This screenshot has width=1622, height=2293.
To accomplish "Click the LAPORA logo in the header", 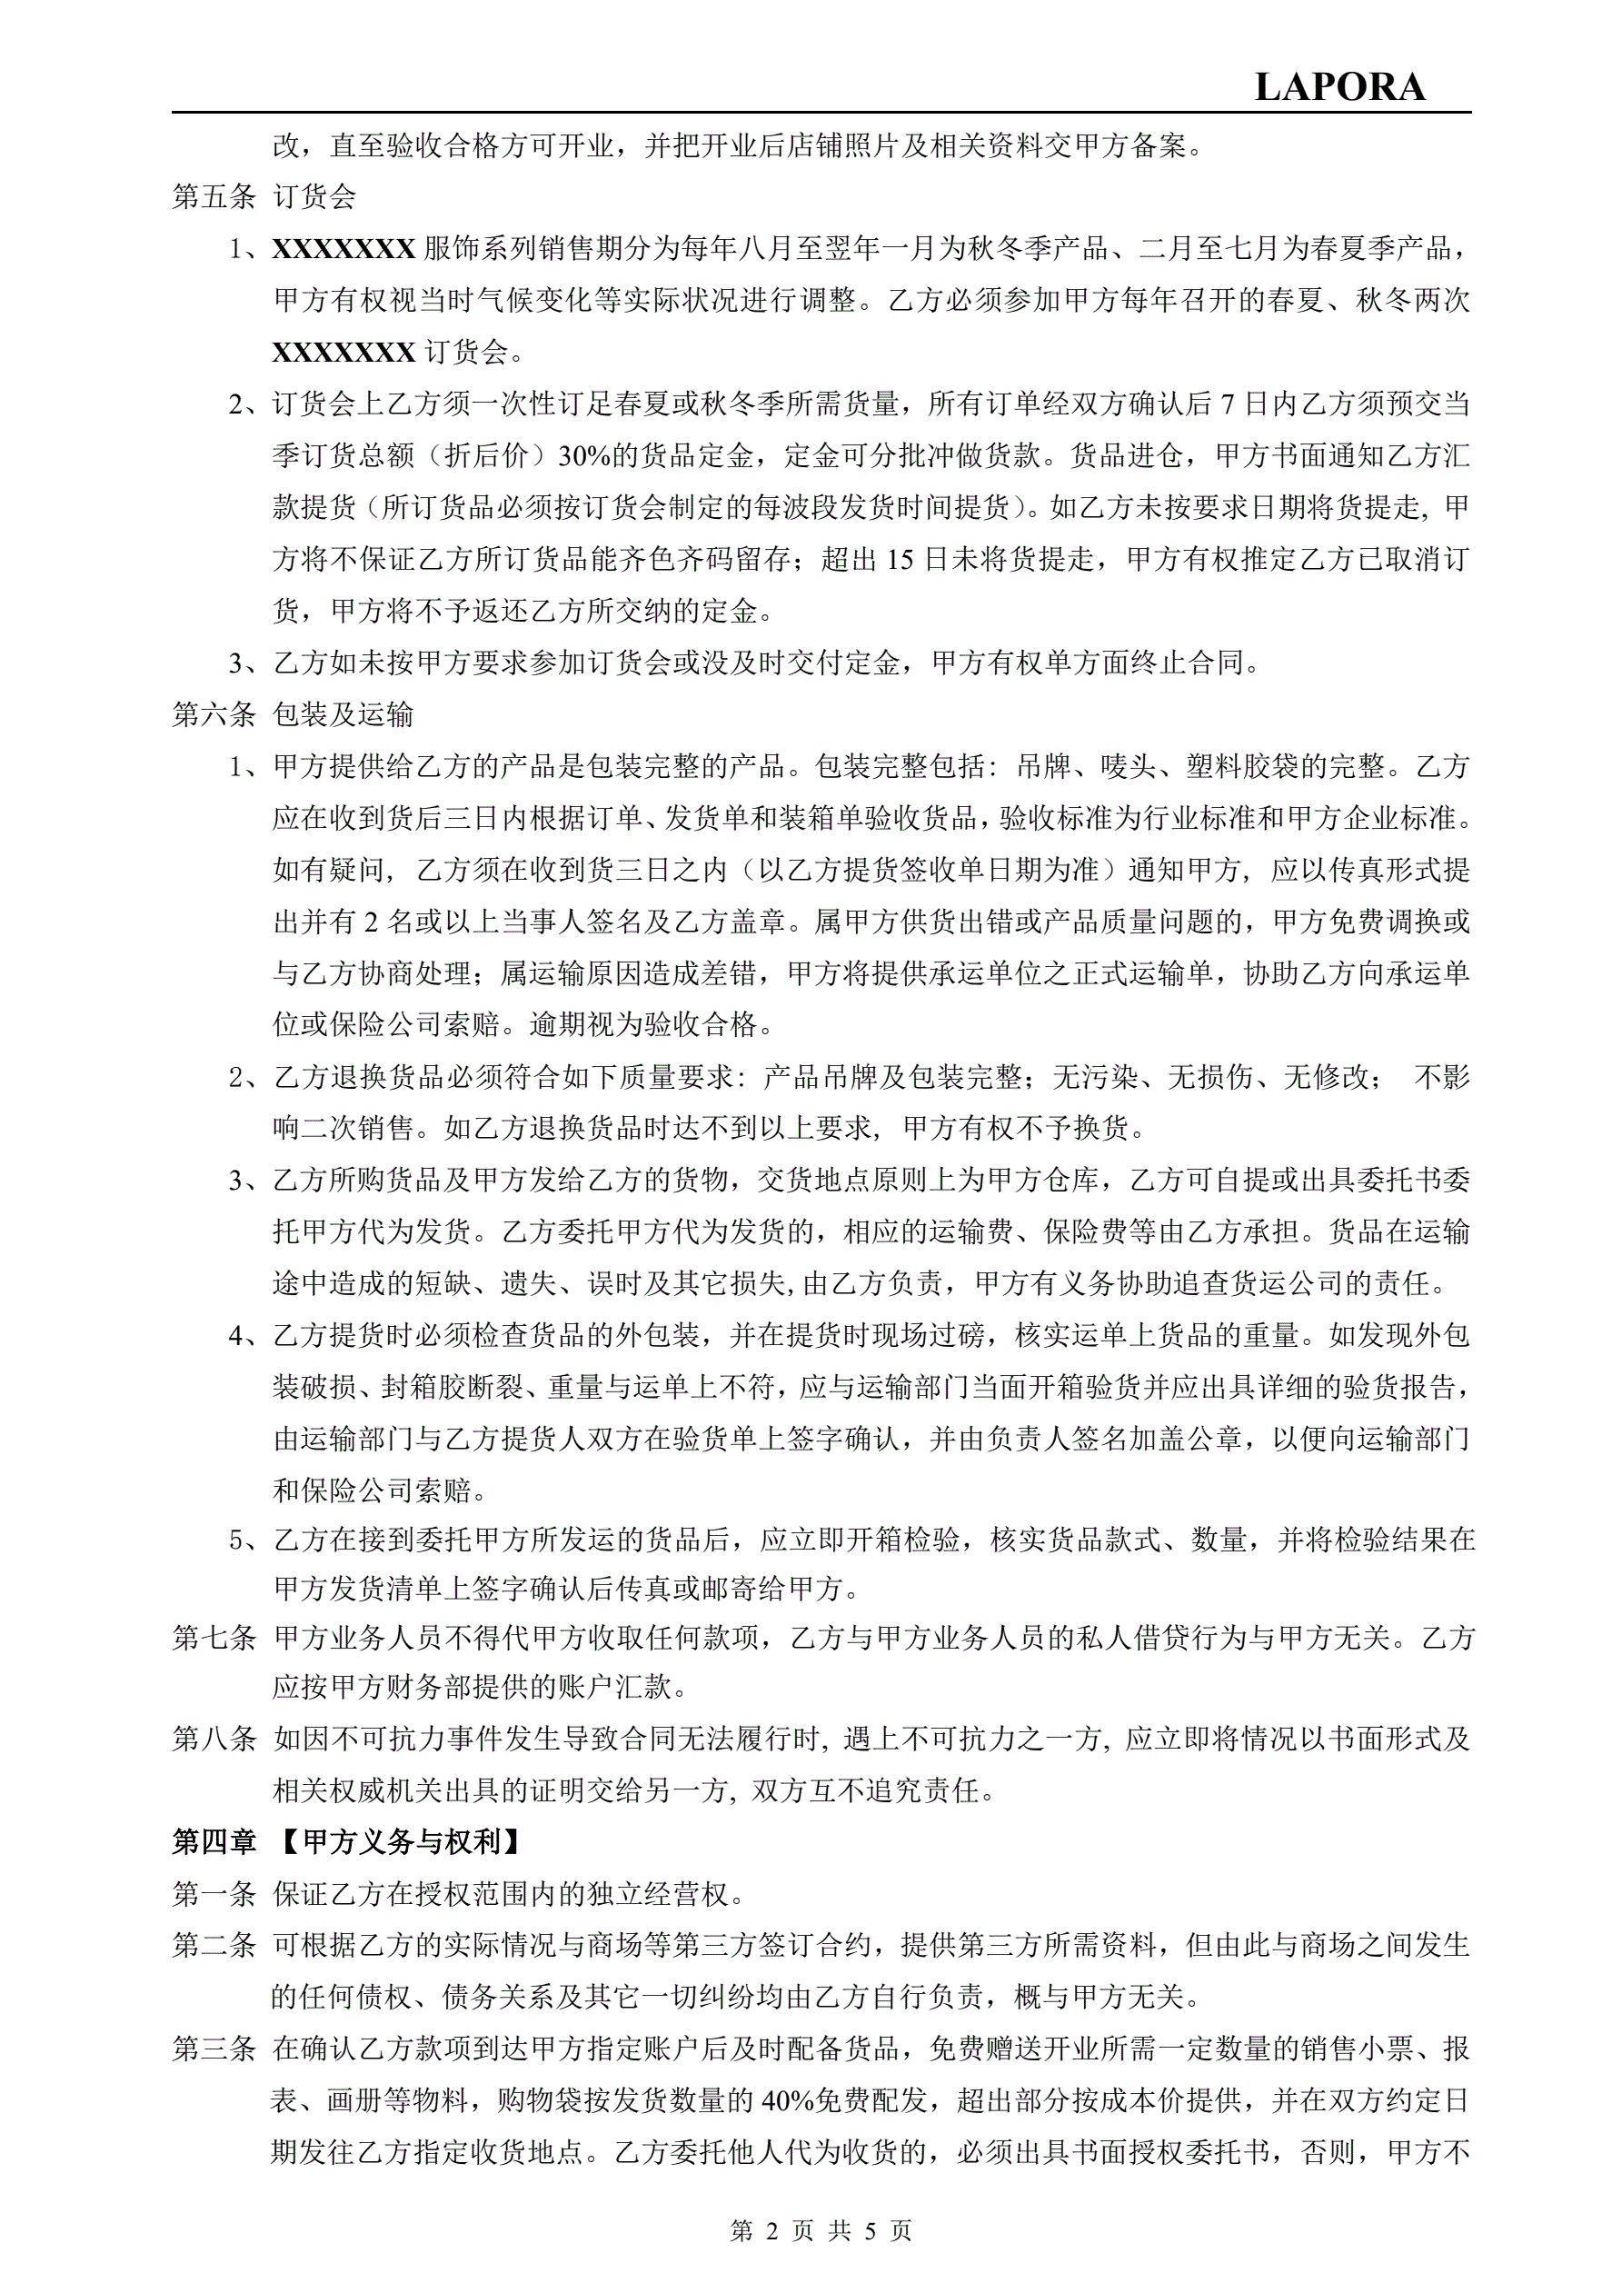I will (x=1338, y=88).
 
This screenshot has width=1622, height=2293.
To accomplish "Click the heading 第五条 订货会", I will (x=264, y=196).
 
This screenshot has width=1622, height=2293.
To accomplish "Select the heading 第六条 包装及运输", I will (x=293, y=714).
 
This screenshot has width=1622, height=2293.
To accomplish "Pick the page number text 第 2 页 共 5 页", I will (x=821, y=2230).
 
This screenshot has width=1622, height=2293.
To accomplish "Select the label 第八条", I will (x=214, y=1739).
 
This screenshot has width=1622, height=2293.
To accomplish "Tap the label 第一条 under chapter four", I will (x=214, y=1893).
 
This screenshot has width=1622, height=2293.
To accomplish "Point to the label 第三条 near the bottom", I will (x=214, y=2049).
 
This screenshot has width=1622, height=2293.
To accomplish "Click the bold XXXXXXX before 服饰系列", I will (x=343, y=249).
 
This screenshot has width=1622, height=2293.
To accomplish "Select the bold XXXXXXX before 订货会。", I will (x=343, y=353).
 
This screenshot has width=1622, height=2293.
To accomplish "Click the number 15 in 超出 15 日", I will (x=899, y=559).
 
